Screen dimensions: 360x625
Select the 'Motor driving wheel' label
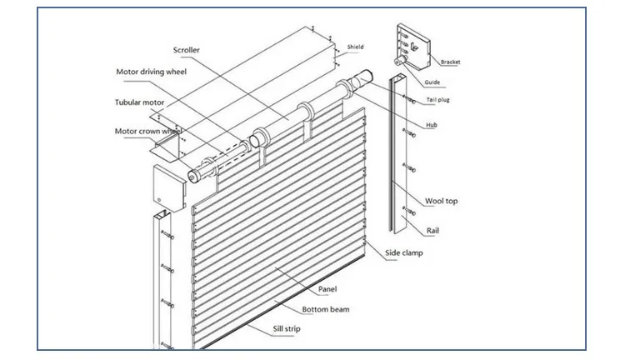[x=150, y=72]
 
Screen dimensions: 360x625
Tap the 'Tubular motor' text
[x=145, y=102]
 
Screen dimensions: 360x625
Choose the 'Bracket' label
[x=450, y=62]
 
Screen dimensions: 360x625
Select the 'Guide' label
[x=432, y=82]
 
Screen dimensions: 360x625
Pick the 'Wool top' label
[x=441, y=201]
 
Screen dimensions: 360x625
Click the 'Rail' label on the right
[x=432, y=230]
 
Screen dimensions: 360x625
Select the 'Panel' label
[x=327, y=289]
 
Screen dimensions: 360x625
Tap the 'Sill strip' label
[x=287, y=329]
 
